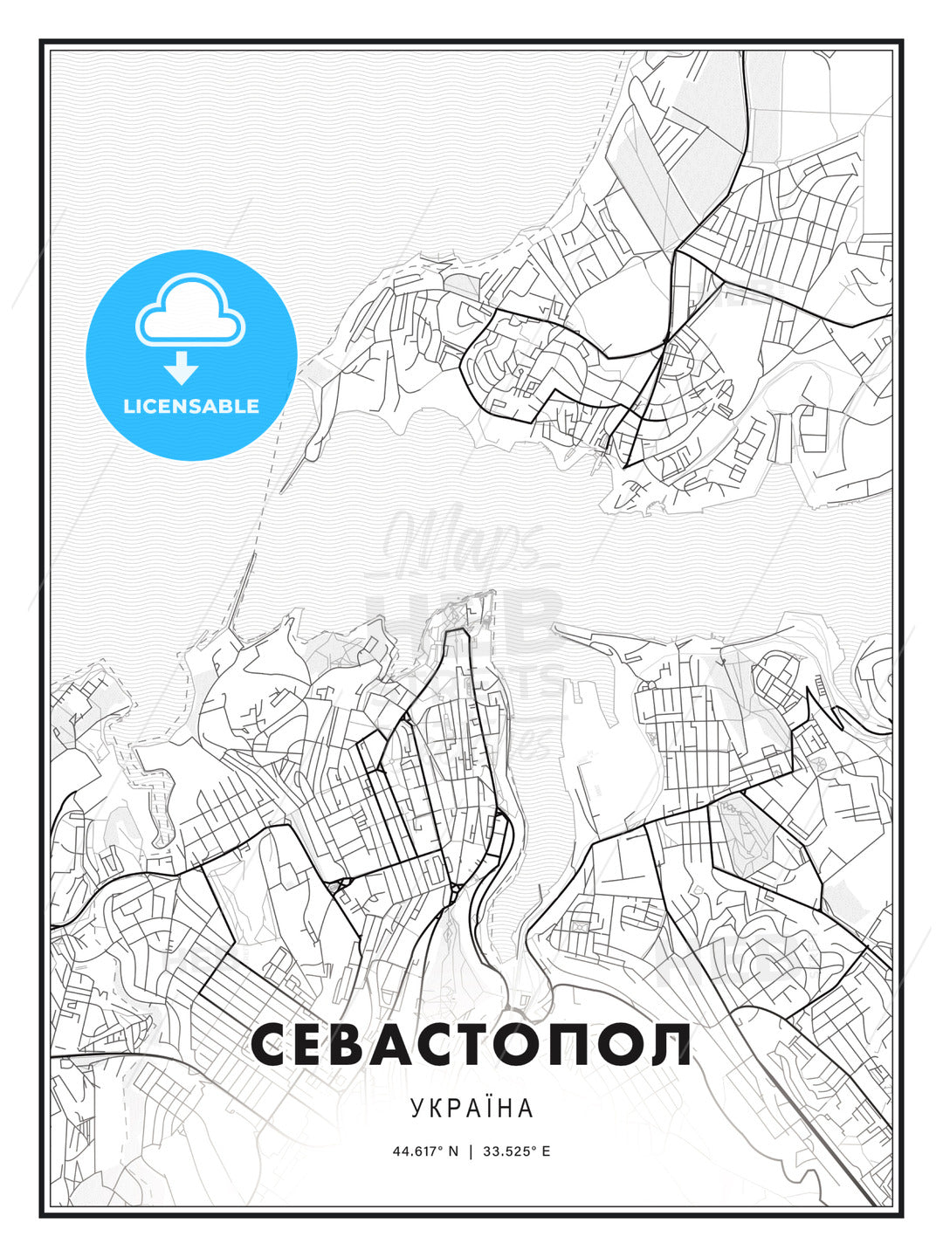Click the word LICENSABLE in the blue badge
pos(191,406)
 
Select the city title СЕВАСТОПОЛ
pos(471,1045)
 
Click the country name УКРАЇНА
pos(471,1109)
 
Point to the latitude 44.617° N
pos(425,1151)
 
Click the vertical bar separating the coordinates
pos(471,1151)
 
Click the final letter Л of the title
pos(669,1045)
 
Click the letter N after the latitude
pos(452,1151)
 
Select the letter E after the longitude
pos(546,1151)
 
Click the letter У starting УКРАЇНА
pos(416,1109)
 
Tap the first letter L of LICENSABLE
pos(128,406)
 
